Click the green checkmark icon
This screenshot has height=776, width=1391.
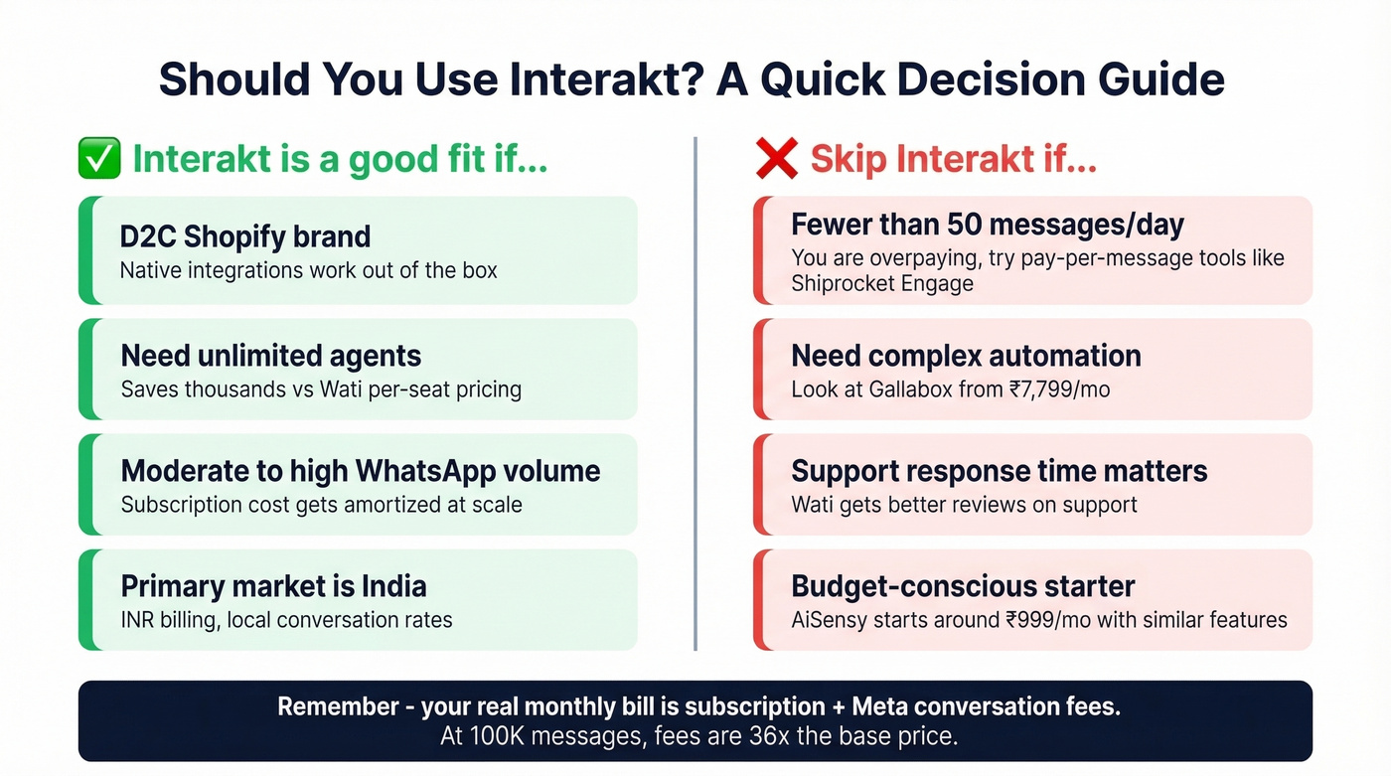99,160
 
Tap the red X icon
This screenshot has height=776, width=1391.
776,160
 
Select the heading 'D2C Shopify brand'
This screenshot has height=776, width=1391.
245,236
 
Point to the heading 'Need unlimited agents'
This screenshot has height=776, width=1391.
271,356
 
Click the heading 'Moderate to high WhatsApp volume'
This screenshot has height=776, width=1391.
361,470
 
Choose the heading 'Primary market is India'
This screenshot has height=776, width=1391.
273,585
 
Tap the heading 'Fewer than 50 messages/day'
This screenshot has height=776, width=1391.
988,225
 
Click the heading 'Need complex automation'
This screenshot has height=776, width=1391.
966,356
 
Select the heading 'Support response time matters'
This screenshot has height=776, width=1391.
1000,470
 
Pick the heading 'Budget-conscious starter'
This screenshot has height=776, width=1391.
963,585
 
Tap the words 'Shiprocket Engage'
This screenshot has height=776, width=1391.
882,284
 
